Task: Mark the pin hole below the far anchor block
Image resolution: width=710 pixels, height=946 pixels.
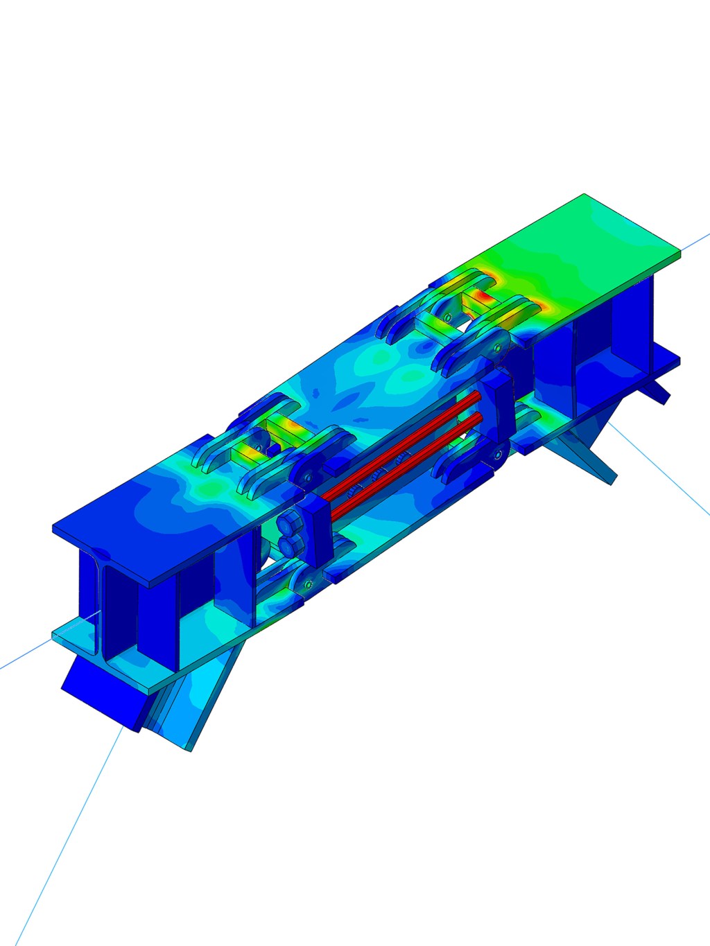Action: coord(497,454)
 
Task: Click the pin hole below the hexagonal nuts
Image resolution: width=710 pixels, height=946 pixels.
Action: coord(305,586)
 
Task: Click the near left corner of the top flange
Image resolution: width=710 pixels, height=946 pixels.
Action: coord(55,531)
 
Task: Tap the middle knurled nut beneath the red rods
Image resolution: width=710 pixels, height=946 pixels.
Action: coord(379,475)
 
